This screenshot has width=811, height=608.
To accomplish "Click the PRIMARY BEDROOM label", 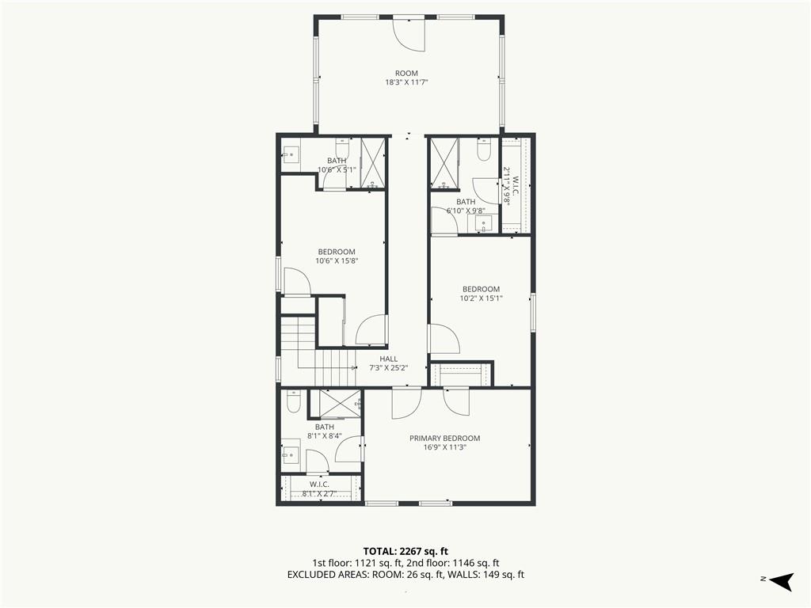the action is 445,438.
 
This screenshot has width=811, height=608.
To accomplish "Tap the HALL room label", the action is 388,359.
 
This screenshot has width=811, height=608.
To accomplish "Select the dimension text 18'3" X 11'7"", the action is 406,82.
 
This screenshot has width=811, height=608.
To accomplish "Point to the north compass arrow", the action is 781,581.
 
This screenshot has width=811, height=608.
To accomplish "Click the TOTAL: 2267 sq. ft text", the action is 405,551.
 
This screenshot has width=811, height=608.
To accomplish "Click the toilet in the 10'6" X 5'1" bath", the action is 342,147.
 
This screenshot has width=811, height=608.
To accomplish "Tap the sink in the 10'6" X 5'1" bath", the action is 291,154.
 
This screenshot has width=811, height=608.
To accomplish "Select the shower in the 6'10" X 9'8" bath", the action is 445,163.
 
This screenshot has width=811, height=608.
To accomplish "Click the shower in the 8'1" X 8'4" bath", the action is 341,403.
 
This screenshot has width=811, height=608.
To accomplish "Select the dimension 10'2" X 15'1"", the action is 481,298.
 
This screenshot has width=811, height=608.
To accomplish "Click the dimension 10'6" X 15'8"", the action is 337,260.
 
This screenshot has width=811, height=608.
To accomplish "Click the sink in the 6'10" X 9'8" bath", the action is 482,224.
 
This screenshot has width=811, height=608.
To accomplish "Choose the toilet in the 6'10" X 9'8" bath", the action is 484,150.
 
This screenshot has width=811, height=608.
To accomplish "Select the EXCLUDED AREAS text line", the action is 405,575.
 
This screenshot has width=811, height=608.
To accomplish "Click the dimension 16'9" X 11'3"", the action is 445,447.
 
